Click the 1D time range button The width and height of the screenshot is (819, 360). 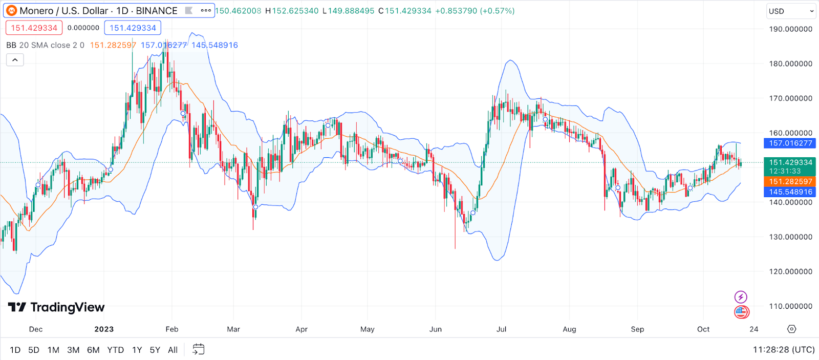pos(15,350)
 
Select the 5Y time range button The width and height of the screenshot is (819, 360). pos(155,350)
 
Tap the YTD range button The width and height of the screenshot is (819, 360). pos(116,350)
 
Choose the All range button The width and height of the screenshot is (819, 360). pos(173,350)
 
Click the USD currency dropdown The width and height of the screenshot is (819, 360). pos(790,11)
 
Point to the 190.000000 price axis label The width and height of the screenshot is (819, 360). pos(790,29)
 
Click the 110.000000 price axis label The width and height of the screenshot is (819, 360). pos(790,306)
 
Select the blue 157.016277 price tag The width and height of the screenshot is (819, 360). pos(790,143)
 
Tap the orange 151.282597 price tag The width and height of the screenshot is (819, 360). pos(790,182)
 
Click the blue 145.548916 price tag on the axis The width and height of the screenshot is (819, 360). pos(790,192)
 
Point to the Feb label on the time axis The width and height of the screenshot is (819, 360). pos(172,329)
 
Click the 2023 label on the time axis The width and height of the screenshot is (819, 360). pos(104,329)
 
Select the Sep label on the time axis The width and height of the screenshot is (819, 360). pos(637,329)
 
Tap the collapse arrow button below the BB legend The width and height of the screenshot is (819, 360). pos(15,60)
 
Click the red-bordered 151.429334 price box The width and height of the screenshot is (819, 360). pos(34,28)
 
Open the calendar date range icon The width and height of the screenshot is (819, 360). pos(198,349)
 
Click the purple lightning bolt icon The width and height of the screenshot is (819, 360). pos(741,297)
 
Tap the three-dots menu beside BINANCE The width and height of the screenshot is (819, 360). pos(206,10)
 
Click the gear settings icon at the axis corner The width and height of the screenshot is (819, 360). pos(792,329)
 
